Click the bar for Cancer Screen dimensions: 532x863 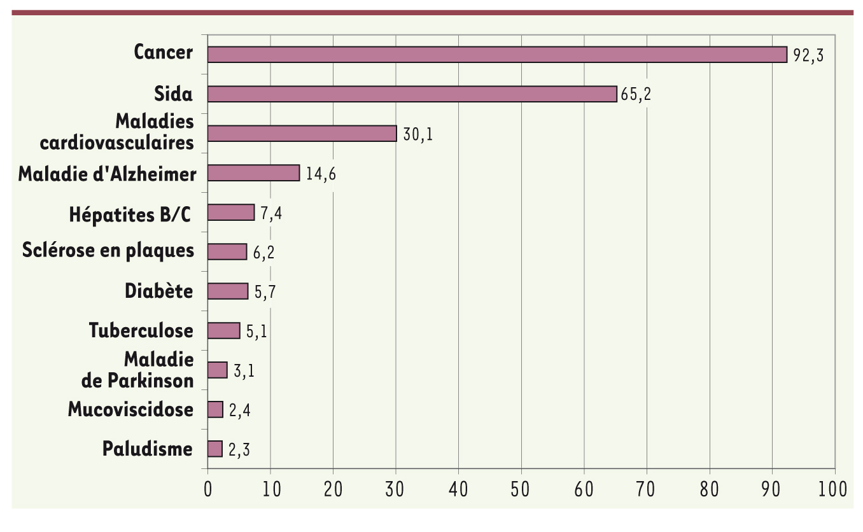point(496,54)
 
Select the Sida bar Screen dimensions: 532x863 point(412,94)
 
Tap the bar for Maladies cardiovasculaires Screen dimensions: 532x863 point(302,133)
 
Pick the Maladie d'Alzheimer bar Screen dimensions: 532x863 point(253,172)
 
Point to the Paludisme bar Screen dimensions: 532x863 point(214,449)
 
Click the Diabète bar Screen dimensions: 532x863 point(227,291)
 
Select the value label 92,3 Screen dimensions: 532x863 point(808,55)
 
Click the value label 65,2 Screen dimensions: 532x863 point(636,95)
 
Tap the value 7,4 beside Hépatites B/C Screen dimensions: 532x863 point(271,213)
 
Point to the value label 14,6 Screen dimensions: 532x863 point(321,174)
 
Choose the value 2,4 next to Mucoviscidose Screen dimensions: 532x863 point(240,410)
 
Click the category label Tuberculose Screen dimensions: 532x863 point(141,331)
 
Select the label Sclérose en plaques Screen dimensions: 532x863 point(108,251)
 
